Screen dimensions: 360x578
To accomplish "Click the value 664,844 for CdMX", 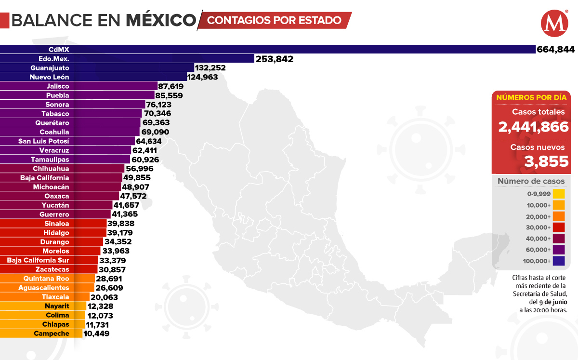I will pos(556,49).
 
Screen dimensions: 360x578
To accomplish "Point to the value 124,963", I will pos(203,77).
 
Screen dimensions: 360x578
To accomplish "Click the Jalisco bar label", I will pos(58,86).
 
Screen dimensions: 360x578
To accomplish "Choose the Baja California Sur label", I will pos(38,260).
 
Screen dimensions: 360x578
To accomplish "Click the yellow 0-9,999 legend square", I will pos(559,194).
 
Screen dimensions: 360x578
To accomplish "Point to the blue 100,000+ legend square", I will pos(559,261).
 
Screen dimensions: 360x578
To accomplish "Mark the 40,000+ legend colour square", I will pos(559,239).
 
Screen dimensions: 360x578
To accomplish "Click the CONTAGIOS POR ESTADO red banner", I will pos(275,20).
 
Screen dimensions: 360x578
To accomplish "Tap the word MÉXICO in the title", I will pos(161,20).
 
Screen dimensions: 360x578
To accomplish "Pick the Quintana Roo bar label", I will pos(46,279).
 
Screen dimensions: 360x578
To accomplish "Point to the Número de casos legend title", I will pos(531,181).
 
